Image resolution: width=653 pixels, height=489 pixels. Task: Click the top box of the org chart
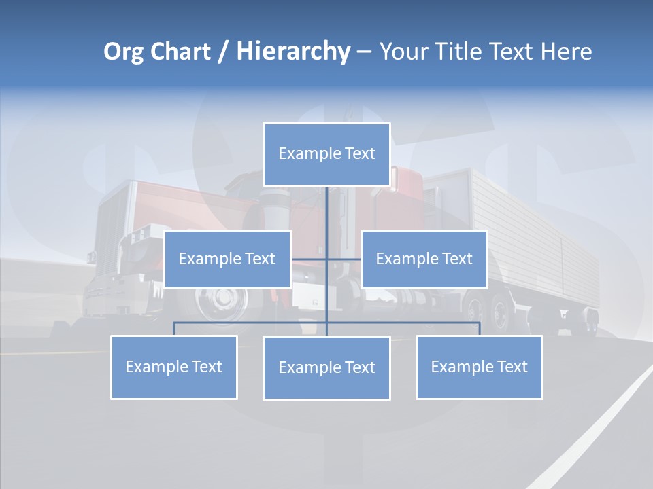click(326, 154)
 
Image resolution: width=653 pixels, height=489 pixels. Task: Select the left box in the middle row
click(227, 259)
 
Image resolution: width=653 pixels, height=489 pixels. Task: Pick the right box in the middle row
click(424, 259)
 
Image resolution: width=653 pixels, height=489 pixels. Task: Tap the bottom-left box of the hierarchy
click(174, 367)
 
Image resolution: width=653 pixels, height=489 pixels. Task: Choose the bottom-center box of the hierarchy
click(326, 367)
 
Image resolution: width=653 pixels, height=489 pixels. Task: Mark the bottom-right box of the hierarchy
click(479, 367)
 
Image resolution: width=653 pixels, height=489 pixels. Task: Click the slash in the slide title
click(223, 52)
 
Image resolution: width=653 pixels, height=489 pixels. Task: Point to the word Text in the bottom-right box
click(512, 367)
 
